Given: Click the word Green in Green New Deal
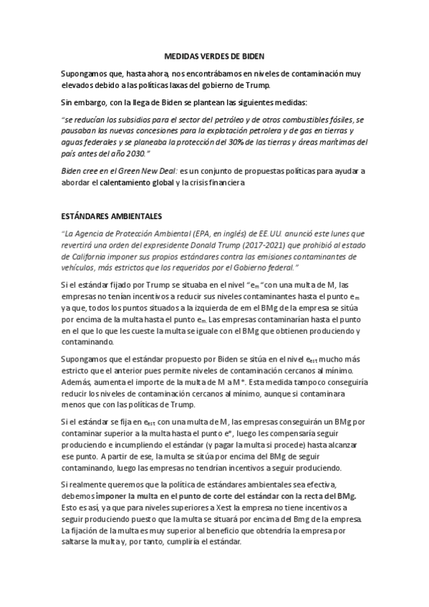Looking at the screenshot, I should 130,172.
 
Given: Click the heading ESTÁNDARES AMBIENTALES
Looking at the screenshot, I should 112,215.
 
